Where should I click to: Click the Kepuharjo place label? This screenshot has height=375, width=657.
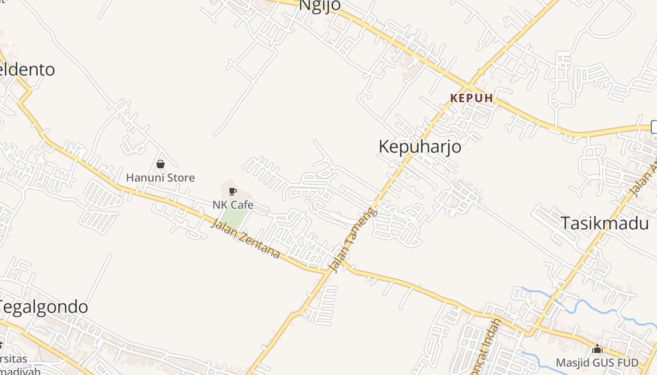[420, 147]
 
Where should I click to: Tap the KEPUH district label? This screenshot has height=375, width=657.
[472, 98]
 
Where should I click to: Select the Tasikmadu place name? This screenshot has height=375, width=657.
[604, 224]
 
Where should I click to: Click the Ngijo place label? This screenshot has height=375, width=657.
[320, 5]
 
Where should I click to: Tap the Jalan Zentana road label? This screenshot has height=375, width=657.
[245, 239]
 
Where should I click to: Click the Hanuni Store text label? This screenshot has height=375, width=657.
[160, 178]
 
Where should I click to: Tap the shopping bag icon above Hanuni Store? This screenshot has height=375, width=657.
[160, 164]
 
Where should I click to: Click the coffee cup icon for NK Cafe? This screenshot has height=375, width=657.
[232, 191]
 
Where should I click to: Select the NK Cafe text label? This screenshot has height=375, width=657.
[233, 205]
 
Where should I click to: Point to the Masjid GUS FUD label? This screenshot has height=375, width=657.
[597, 363]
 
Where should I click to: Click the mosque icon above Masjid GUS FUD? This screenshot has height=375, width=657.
[597, 349]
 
